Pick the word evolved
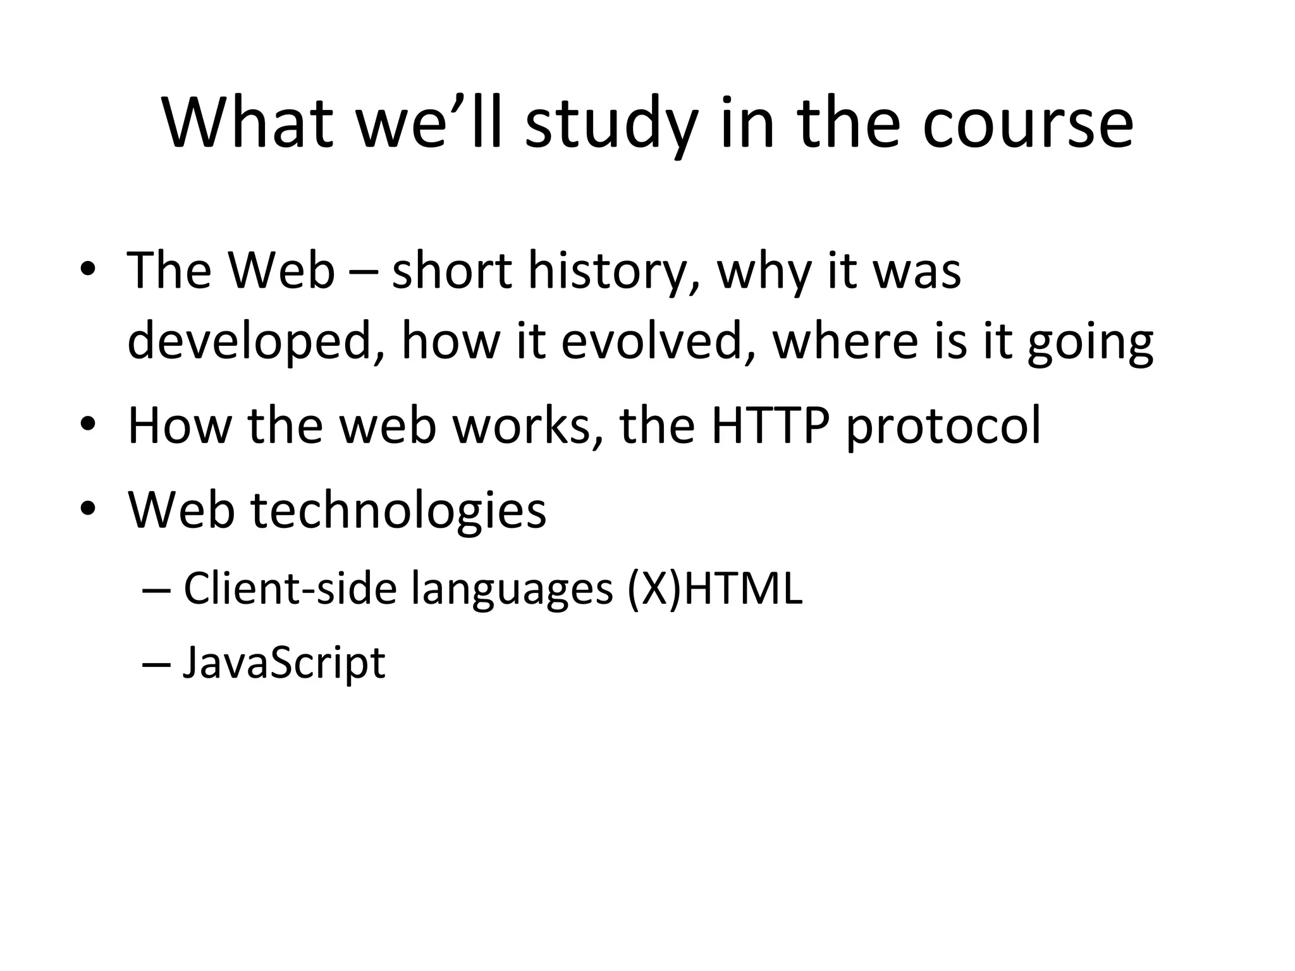pyautogui.click(x=658, y=341)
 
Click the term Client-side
pyautogui.click(x=290, y=588)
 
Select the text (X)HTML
pyautogui.click(x=715, y=589)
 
